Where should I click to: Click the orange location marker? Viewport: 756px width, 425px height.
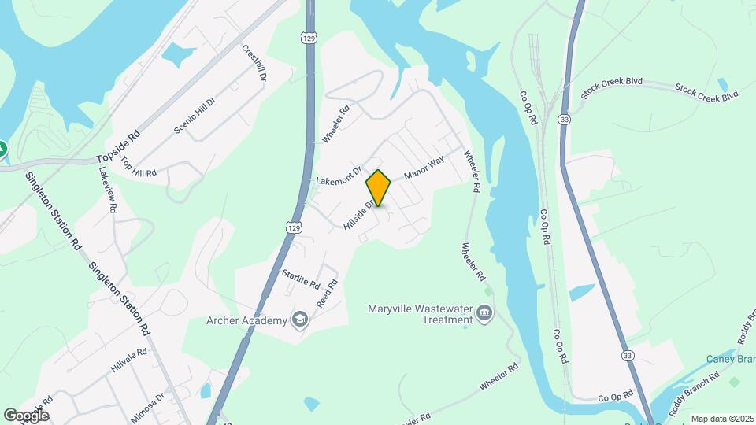(x=379, y=188)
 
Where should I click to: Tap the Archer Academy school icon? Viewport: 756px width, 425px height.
(x=299, y=319)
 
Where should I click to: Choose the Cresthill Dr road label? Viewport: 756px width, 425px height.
(x=254, y=63)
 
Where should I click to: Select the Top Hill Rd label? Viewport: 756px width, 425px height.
(x=139, y=168)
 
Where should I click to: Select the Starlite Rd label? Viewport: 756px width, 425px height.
(x=301, y=279)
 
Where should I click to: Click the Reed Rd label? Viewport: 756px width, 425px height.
(x=326, y=296)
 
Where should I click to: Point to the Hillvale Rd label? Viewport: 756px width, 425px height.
(x=130, y=362)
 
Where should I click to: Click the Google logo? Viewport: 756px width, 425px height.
(x=25, y=416)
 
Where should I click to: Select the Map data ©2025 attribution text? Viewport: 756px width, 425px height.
(x=721, y=419)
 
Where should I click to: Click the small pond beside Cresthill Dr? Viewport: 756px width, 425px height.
(x=178, y=54)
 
